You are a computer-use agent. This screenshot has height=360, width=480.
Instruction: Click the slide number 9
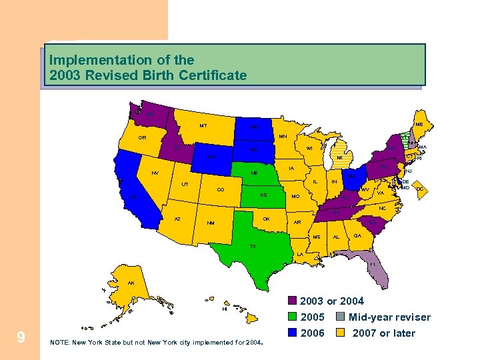tap(21, 337)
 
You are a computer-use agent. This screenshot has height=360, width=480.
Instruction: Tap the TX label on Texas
tap(252, 246)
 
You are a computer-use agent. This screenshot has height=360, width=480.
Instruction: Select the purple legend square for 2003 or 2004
tap(293, 301)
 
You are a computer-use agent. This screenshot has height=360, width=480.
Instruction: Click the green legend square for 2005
tap(293, 317)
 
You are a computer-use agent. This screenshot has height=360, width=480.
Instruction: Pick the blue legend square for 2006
tap(293, 333)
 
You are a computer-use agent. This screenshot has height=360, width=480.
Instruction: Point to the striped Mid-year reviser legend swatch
tap(340, 317)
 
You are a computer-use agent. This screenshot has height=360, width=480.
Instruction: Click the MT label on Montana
tap(203, 125)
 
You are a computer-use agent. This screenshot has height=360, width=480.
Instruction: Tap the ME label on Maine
tap(418, 124)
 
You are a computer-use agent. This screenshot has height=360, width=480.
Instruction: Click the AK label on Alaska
tap(131, 283)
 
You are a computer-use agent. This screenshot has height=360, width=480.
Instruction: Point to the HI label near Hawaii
tap(225, 309)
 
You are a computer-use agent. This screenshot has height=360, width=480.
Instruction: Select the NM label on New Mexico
tap(210, 223)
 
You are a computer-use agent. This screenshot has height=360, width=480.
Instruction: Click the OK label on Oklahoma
tap(265, 219)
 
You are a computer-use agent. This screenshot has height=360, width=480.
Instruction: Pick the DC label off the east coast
tap(419, 189)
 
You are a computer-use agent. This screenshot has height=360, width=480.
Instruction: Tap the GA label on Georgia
tap(357, 235)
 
